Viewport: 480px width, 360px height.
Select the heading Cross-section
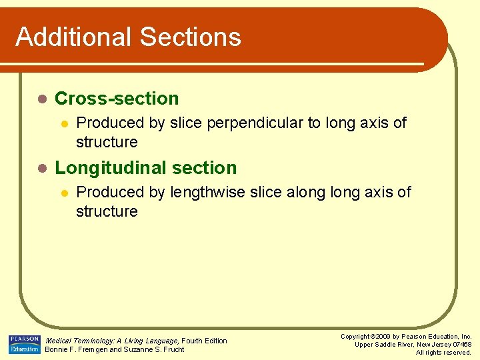pyautogui.click(x=117, y=99)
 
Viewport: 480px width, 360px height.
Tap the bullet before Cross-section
pyautogui.click(x=41, y=99)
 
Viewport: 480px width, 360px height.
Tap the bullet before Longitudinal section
pyautogui.click(x=41, y=168)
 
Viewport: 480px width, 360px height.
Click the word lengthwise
pyautogui.click(x=207, y=193)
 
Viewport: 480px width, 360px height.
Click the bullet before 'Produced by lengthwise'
pyautogui.click(x=64, y=193)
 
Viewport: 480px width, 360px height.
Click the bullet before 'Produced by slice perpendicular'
pyautogui.click(x=64, y=123)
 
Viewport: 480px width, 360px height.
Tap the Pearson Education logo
pyautogui.click(x=25, y=345)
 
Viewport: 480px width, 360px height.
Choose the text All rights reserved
pyautogui.click(x=443, y=353)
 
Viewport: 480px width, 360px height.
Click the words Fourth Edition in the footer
pyautogui.click(x=205, y=341)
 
